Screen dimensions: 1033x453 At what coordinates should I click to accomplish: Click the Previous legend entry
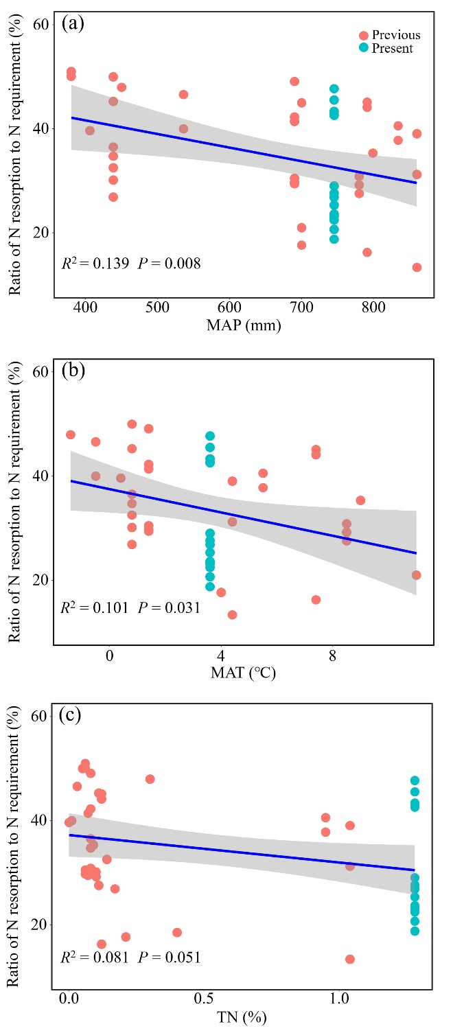pos(395,35)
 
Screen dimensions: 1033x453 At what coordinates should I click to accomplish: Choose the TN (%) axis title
pos(248,1017)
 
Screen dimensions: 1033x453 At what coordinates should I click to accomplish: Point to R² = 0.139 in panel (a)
pos(94,262)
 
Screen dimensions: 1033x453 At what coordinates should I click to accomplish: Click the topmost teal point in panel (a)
pos(334,89)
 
